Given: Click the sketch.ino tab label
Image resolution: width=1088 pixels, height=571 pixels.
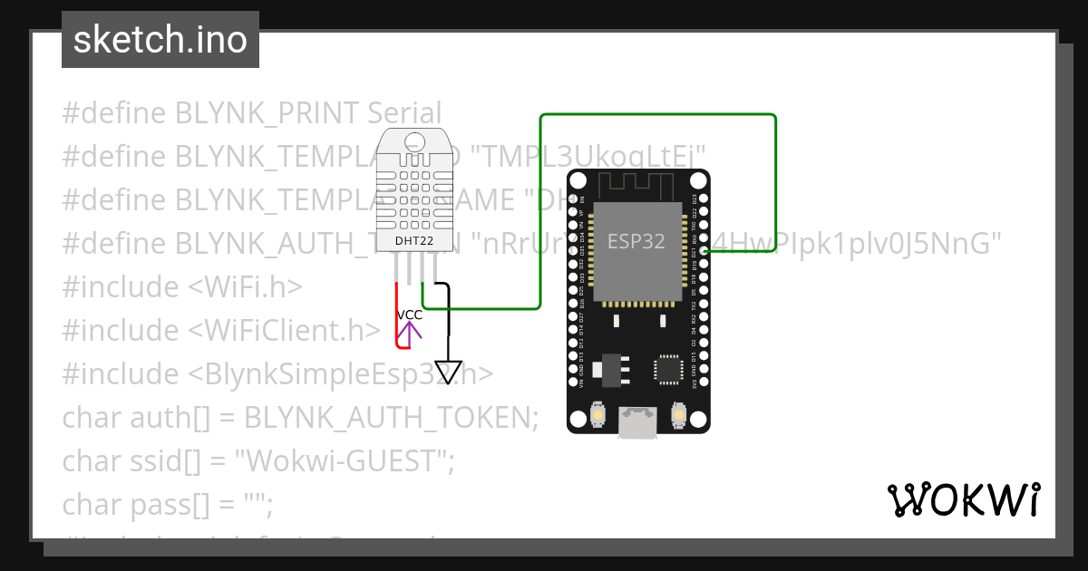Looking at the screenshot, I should [x=160, y=40].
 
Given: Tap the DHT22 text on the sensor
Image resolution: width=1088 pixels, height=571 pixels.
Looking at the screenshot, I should [x=413, y=241].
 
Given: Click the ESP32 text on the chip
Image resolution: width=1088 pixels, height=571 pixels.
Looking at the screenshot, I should [x=636, y=241].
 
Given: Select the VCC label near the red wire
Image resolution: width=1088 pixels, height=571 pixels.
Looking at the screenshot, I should [x=410, y=315].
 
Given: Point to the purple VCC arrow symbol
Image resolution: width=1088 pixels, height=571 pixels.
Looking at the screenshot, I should [x=410, y=334].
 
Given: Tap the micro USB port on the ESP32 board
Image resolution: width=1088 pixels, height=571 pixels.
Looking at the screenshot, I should [x=638, y=421].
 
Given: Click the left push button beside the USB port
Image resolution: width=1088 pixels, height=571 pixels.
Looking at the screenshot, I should [x=598, y=415].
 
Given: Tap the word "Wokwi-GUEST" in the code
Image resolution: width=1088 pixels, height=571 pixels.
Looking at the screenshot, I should [x=344, y=461].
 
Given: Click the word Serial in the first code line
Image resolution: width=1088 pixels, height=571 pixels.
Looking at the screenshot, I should [x=403, y=113].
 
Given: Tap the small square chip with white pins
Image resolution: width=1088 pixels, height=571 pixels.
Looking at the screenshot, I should [x=669, y=369].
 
